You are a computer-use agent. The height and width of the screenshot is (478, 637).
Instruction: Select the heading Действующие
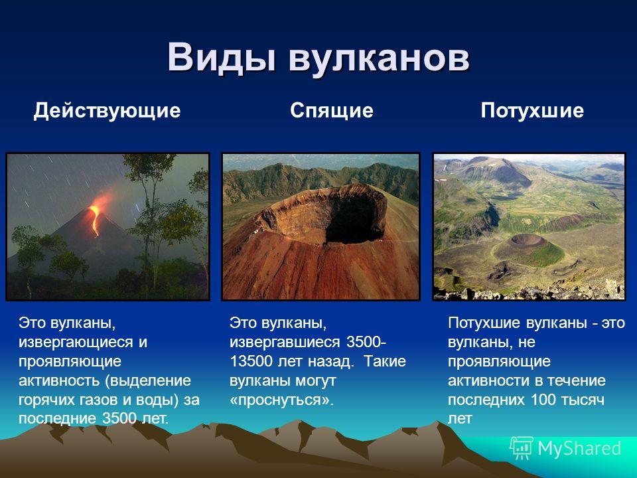tap(107, 111)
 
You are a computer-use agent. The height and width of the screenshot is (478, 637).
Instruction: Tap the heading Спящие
tap(332, 111)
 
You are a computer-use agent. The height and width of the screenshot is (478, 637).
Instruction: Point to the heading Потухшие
tap(532, 111)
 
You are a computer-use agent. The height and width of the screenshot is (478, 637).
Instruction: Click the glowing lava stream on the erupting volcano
tap(95, 220)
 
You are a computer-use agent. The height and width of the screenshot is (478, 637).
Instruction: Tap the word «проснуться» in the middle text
tap(281, 400)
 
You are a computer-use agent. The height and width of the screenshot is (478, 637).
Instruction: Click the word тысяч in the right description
tap(583, 400)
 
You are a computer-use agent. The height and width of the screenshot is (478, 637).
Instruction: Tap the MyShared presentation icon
tap(522, 448)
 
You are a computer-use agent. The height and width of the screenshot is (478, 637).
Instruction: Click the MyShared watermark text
tap(579, 448)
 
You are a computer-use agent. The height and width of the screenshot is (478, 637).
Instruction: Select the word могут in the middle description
tap(316, 381)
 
